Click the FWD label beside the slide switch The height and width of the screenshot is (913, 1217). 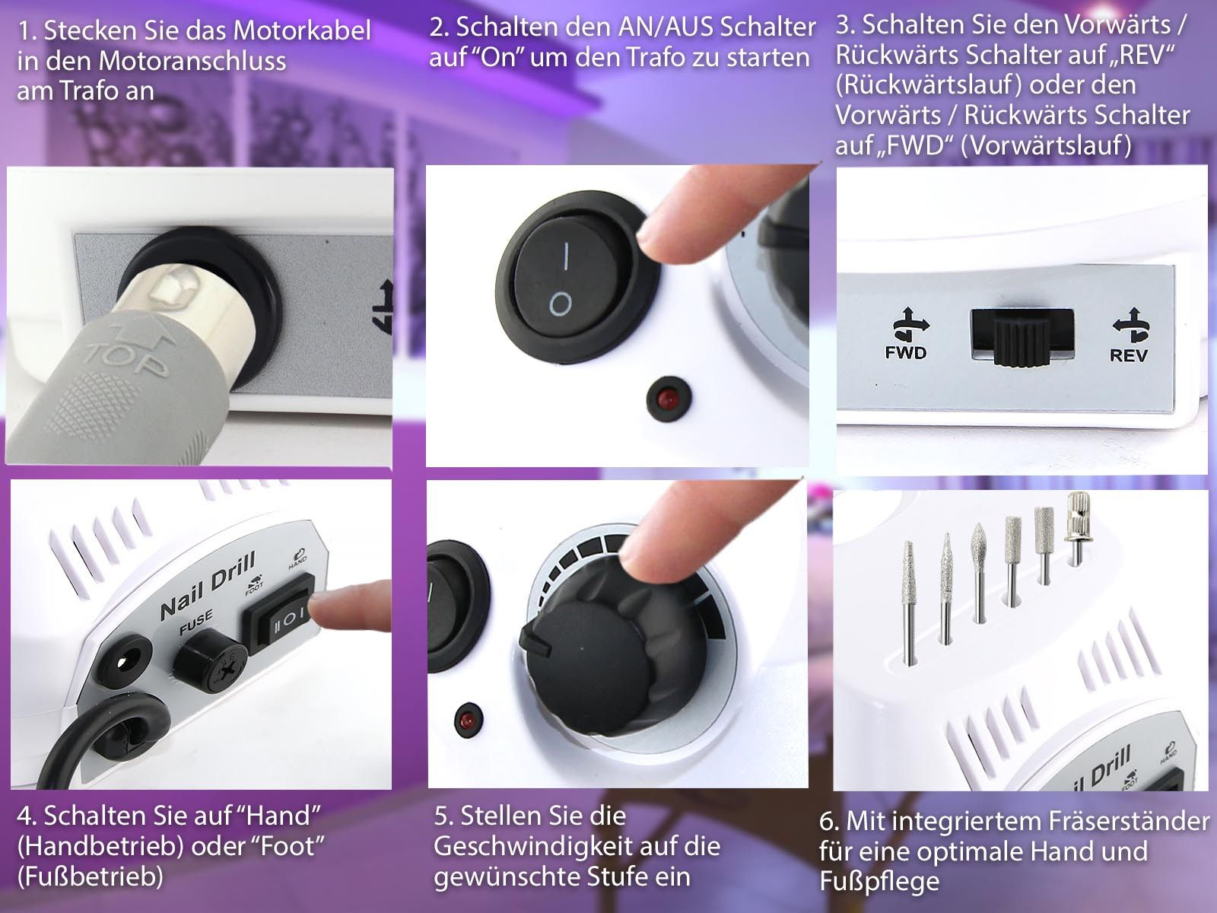pyautogui.click(x=905, y=352)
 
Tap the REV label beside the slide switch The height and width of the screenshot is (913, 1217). pyautogui.click(x=1128, y=355)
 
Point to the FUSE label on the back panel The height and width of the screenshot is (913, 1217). pyautogui.click(x=195, y=622)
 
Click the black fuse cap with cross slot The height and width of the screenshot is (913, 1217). pyautogui.click(x=210, y=662)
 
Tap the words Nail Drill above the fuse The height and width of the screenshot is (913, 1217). pyautogui.click(x=208, y=586)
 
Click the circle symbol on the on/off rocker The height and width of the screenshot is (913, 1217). pyautogui.click(x=561, y=304)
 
